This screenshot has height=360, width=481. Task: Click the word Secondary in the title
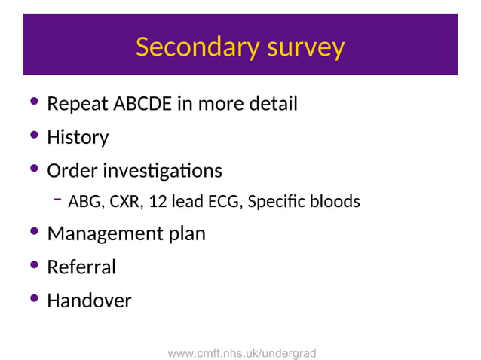tap(187, 47)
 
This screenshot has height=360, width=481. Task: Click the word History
tap(78, 137)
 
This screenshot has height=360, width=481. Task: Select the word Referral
tap(81, 267)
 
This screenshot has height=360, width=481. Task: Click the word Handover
tap(89, 301)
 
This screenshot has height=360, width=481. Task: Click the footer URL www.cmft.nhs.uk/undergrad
tap(241, 352)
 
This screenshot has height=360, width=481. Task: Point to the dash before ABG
tap(57, 199)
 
